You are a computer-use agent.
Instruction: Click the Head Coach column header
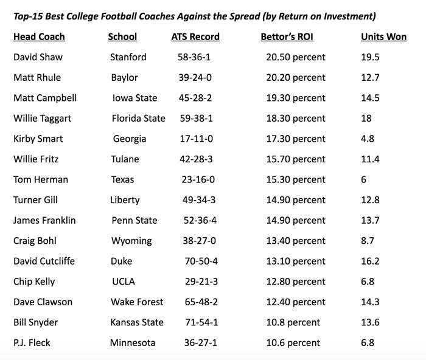coord(39,36)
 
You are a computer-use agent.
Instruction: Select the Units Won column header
coord(383,36)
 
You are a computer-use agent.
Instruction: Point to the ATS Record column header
coord(195,36)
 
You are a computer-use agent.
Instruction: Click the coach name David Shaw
coord(38,57)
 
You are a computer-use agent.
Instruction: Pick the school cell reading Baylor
coord(124,78)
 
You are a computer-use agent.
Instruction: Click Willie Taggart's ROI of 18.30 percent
coord(295,119)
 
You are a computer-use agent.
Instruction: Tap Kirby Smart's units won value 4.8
coord(368,139)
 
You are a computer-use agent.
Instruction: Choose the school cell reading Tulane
coord(125,159)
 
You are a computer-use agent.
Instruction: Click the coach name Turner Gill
coord(37,200)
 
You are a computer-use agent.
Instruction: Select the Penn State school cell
coord(134,221)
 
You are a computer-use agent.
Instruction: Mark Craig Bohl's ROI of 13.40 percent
coord(295,241)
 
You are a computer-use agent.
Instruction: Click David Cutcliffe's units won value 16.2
coord(370,261)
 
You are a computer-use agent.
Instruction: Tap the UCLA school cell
coord(123,282)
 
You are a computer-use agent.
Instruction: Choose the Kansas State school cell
coord(138,322)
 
